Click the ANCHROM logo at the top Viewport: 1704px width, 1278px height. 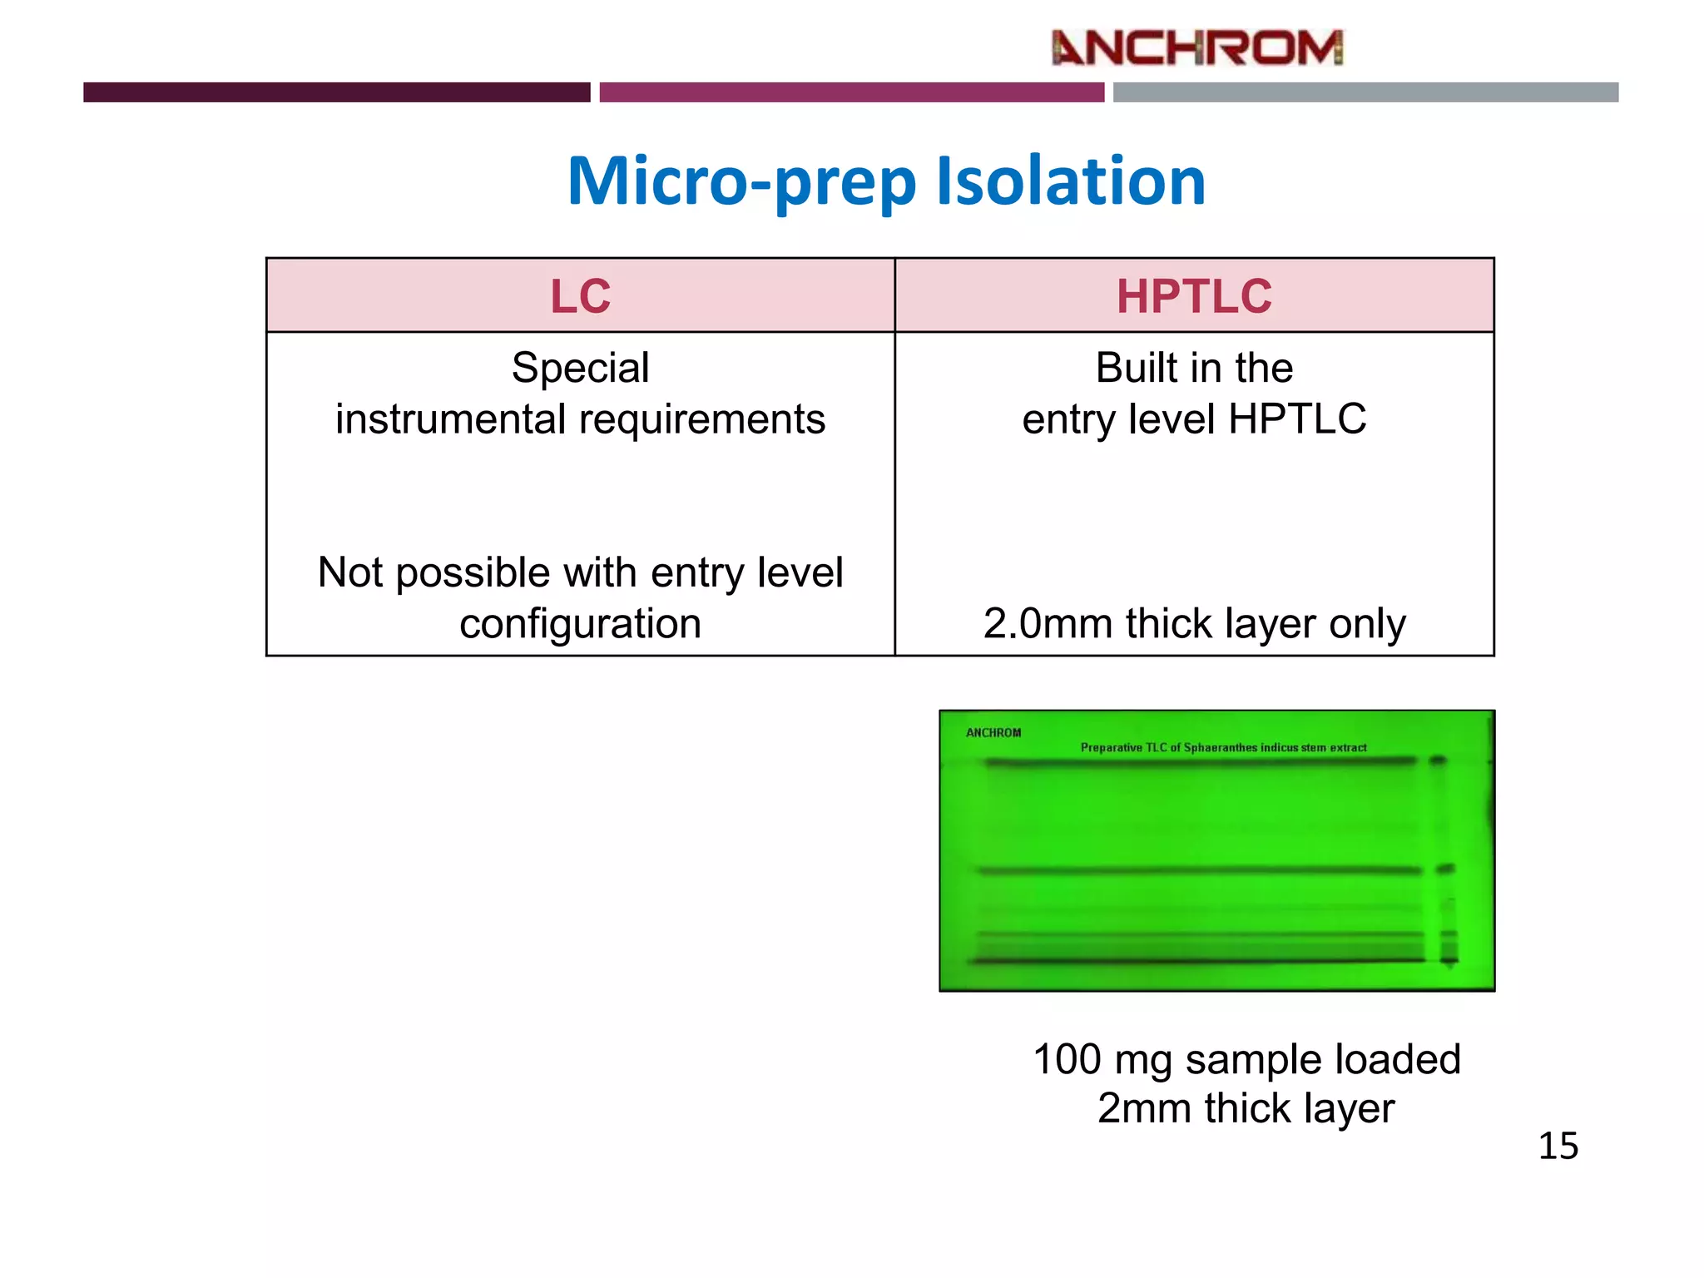[x=1196, y=47]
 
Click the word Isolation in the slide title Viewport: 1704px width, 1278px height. [x=1071, y=181]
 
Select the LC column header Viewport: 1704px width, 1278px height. [x=580, y=296]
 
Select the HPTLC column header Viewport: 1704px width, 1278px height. [x=1194, y=296]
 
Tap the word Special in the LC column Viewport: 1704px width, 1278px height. [x=580, y=368]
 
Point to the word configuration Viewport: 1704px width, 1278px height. [x=580, y=623]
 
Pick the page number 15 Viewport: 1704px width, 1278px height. [x=1558, y=1146]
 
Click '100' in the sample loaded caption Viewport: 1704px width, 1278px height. [x=1067, y=1059]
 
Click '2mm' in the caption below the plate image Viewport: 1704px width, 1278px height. [x=1144, y=1108]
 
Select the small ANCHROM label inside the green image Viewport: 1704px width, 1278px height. [x=993, y=733]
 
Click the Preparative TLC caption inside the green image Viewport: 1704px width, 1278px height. [x=1223, y=747]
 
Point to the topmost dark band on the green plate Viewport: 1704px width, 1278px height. [x=1198, y=761]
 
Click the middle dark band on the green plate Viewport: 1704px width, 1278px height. [x=1198, y=870]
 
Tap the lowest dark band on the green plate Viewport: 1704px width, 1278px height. [x=1198, y=962]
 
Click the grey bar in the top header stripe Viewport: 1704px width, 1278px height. [x=1365, y=92]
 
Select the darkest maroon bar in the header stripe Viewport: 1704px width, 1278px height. [x=336, y=92]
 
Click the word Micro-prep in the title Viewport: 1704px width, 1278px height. [x=741, y=181]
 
